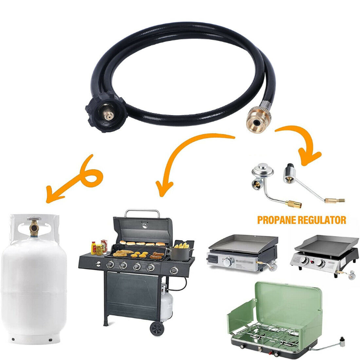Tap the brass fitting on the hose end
(x=258, y=119)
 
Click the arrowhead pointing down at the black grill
(x=164, y=188)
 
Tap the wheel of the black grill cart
(x=157, y=329)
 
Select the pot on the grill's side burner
(x=180, y=253)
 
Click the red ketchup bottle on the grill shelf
(x=94, y=248)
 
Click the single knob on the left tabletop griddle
(x=228, y=262)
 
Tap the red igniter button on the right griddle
(x=312, y=262)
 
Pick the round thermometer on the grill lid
(x=144, y=225)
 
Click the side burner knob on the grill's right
(x=174, y=270)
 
